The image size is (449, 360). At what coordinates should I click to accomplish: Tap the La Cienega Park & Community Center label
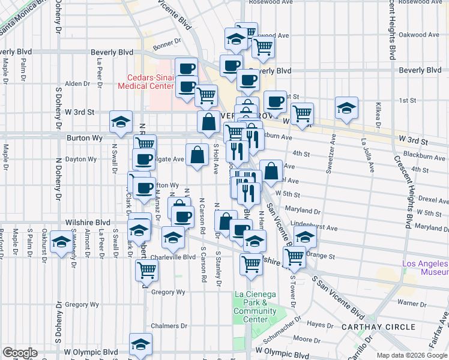255,307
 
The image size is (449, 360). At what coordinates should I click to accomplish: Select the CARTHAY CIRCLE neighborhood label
378,327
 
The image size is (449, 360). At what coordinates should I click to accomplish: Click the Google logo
20,353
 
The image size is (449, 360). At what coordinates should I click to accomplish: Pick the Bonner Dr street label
166,42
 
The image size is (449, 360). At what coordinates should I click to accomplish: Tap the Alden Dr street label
77,83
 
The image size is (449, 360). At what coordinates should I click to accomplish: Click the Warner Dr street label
411,303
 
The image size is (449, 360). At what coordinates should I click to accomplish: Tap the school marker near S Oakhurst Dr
60,242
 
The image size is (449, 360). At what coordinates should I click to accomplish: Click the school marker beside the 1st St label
346,109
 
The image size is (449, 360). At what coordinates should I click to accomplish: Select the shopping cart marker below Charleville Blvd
146,271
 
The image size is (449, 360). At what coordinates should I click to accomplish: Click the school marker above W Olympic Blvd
140,344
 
